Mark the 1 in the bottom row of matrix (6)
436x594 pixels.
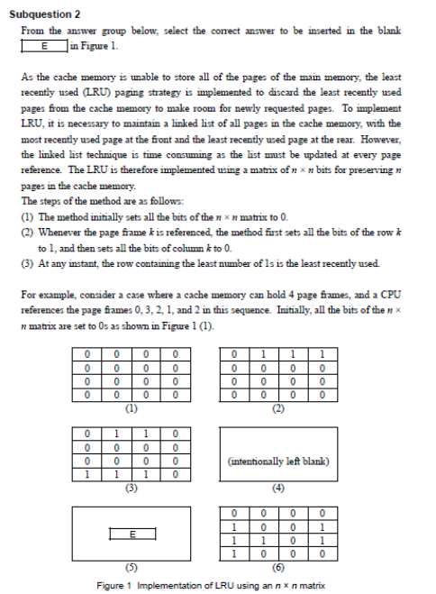point(234,553)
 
